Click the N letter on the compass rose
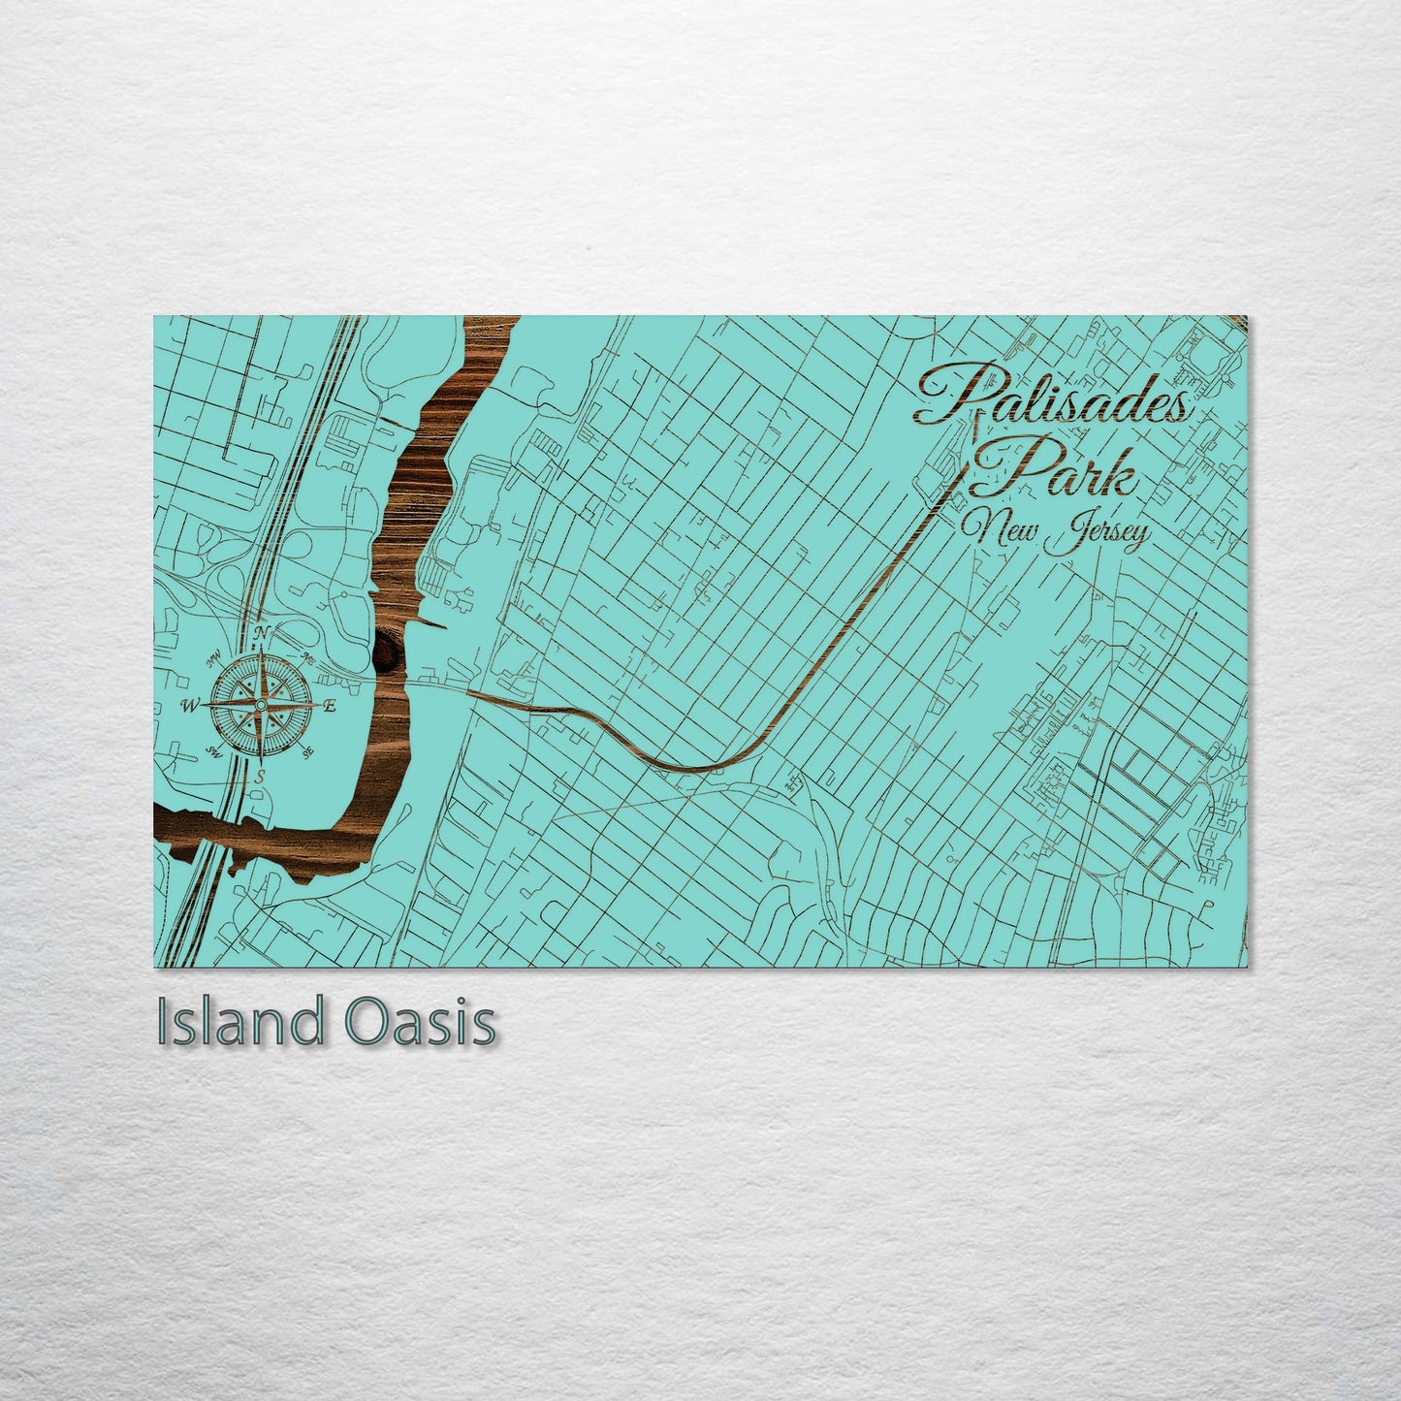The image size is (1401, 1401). coord(260,633)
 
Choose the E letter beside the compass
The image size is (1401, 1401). coord(330,706)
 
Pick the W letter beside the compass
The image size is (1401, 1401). coord(189,705)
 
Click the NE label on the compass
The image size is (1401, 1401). coord(306,658)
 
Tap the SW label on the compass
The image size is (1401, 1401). coord(214,751)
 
